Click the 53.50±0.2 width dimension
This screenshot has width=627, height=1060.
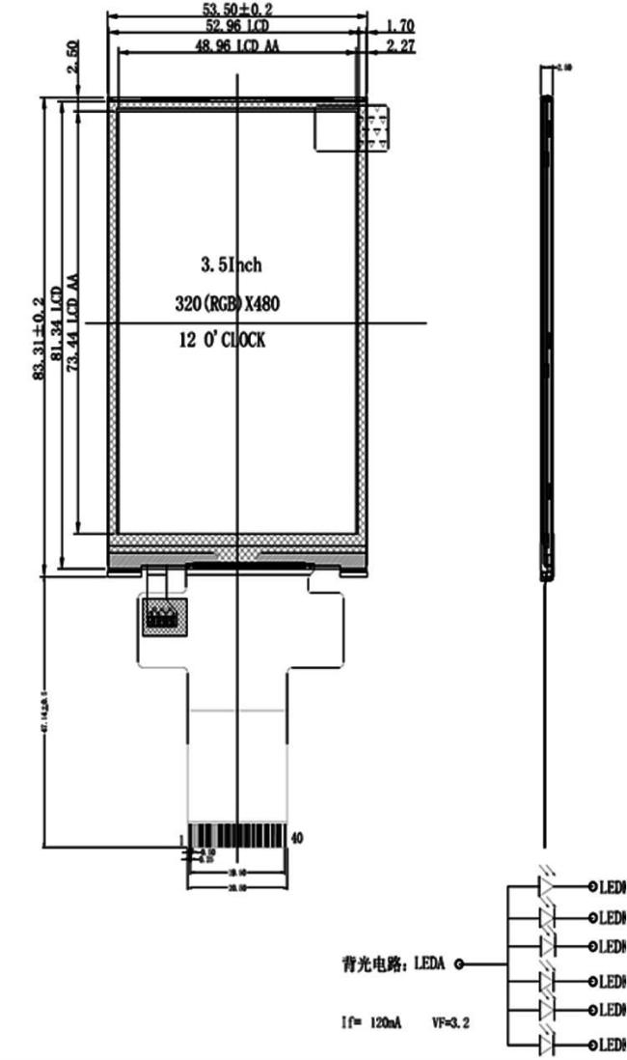pyautogui.click(x=237, y=8)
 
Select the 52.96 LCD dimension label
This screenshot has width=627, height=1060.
pyautogui.click(x=237, y=25)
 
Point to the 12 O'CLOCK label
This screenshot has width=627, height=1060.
pyautogui.click(x=221, y=340)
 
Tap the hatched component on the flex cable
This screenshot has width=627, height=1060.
pyautogui.click(x=161, y=614)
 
